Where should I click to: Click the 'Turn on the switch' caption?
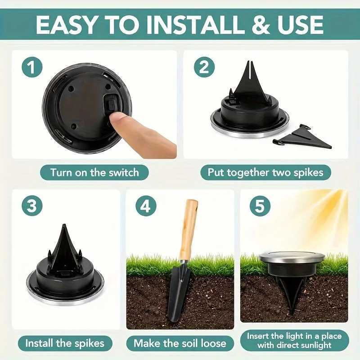click(x=94, y=172)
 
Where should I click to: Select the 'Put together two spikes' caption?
click(x=265, y=172)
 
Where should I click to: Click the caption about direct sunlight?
click(x=294, y=341)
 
